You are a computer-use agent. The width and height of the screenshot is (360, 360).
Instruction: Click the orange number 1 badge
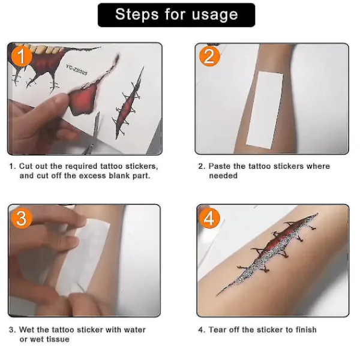click(x=22, y=56)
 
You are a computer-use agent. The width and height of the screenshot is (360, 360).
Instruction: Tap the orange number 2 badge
click(x=209, y=56)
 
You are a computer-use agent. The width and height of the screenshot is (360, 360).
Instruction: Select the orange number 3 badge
click(x=22, y=218)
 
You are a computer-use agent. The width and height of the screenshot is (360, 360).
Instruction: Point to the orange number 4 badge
click(x=209, y=218)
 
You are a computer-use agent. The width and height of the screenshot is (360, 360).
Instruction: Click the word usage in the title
click(x=215, y=15)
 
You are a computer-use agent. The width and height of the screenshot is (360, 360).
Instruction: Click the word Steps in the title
click(x=137, y=14)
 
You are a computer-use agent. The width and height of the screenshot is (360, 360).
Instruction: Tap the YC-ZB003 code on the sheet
click(x=77, y=70)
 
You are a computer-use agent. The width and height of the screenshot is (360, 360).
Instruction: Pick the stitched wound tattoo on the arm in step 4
click(x=268, y=254)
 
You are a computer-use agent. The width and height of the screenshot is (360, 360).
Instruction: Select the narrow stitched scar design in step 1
click(x=128, y=103)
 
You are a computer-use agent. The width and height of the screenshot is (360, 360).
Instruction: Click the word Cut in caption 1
click(x=25, y=166)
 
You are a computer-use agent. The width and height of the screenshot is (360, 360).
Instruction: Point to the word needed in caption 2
click(x=223, y=176)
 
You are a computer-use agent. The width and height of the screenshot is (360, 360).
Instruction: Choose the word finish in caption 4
click(x=306, y=329)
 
